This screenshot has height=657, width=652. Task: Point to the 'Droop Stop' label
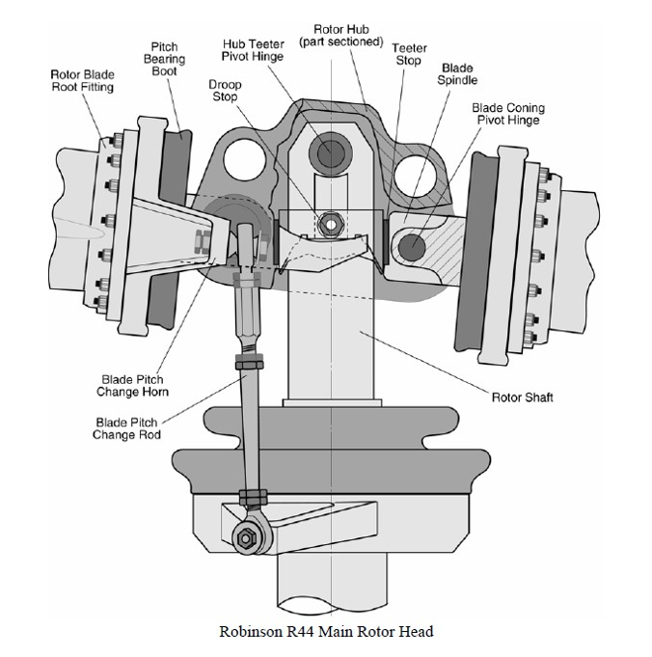tap(225, 91)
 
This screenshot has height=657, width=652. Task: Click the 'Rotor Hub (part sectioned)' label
tap(344, 36)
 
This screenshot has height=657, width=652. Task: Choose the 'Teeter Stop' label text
tap(409, 54)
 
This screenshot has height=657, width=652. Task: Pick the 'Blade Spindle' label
tap(460, 75)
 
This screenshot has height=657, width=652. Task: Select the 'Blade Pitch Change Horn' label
tap(131, 386)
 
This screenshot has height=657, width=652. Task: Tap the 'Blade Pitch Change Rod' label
tap(126, 428)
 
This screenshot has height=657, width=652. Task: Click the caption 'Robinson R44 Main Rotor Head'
tap(325, 632)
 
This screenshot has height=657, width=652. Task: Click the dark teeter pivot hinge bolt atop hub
tap(330, 151)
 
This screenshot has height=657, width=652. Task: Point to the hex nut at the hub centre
tap(330, 224)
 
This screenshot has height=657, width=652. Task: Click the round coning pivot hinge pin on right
tap(412, 243)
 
